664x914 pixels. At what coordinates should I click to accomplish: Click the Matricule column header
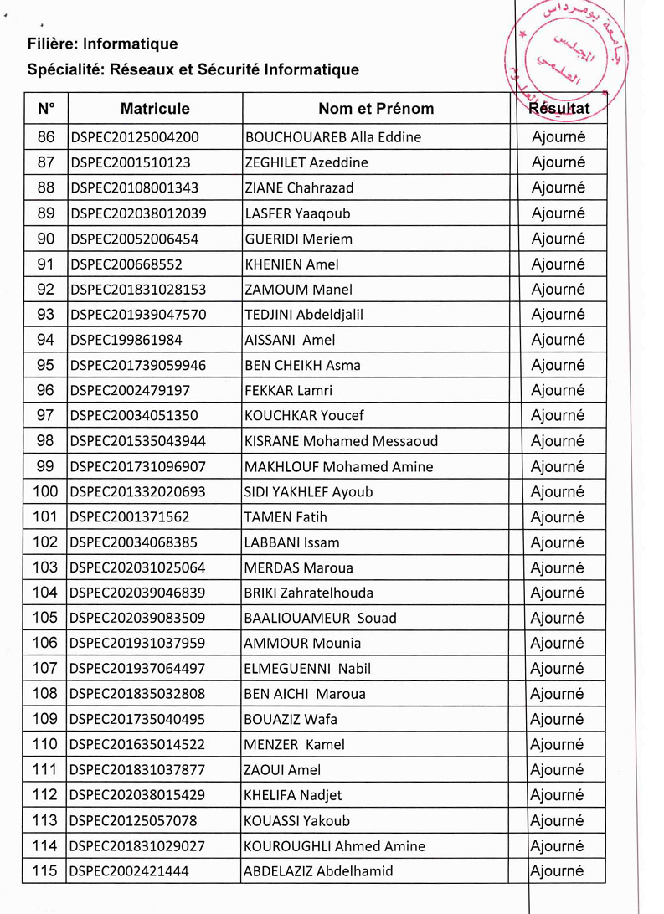(x=155, y=109)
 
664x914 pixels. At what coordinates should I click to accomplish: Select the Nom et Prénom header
(x=376, y=109)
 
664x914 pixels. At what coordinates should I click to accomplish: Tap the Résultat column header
(x=558, y=108)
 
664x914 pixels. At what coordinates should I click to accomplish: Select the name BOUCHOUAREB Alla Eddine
(x=332, y=137)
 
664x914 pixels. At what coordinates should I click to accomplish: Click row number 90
(x=46, y=239)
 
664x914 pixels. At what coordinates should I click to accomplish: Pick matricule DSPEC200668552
(x=126, y=264)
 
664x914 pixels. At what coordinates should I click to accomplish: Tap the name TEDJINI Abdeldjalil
(x=303, y=315)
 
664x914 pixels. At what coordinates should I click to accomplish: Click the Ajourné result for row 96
(x=558, y=391)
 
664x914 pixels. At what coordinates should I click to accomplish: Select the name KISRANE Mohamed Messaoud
(x=341, y=441)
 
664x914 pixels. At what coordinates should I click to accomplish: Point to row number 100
(x=46, y=491)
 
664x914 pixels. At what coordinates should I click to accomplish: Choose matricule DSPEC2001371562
(x=131, y=517)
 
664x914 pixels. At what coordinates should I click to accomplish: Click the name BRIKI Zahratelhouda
(x=308, y=593)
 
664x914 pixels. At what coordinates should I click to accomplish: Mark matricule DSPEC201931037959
(x=138, y=644)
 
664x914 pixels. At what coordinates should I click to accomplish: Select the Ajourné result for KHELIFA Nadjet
(x=558, y=795)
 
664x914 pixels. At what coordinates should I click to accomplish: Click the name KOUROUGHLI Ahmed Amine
(x=334, y=846)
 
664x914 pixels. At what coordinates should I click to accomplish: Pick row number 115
(x=46, y=871)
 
